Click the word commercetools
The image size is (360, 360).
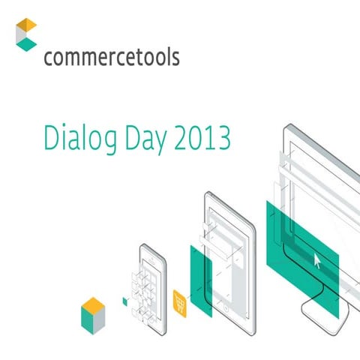(x=112, y=58)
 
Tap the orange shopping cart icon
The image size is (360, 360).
(x=179, y=301)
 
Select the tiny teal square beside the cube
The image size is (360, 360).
(x=125, y=301)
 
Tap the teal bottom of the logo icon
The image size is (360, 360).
(x=27, y=44)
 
